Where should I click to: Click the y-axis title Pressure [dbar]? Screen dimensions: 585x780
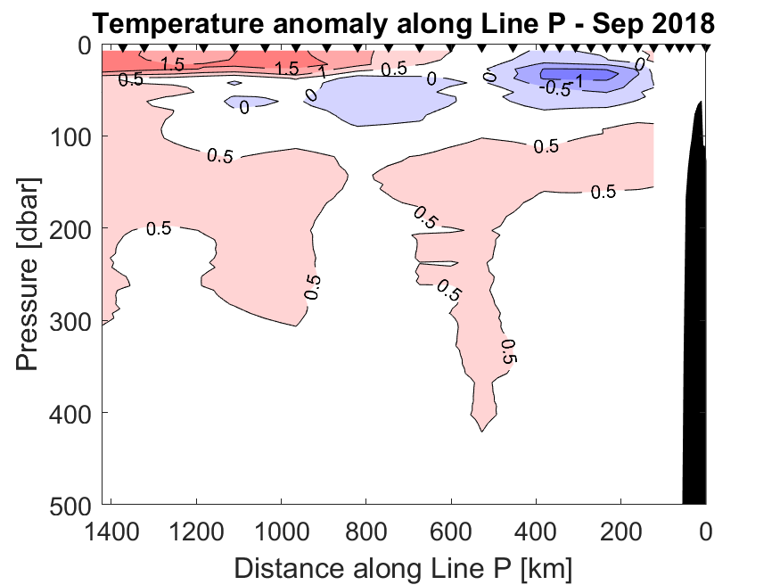tap(29, 272)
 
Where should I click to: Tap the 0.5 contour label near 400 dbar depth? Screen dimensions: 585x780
tap(509, 351)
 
